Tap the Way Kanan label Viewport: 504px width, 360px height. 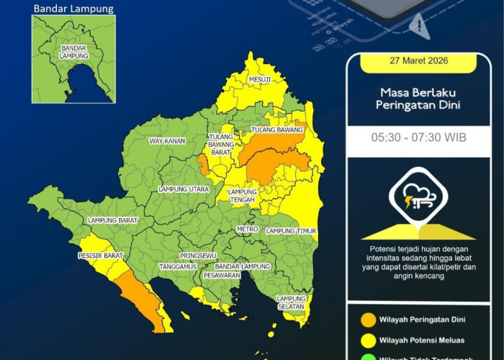tap(167, 141)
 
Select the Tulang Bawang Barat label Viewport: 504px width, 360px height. tap(220, 144)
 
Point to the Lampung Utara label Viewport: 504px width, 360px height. tap(184, 189)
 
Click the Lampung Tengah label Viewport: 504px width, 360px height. tap(243, 197)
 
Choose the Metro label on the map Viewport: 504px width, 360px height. tap(247, 229)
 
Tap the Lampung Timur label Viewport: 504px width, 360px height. tap(292, 231)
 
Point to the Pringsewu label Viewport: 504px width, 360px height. tap(198, 256)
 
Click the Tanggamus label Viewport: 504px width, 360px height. tap(179, 266)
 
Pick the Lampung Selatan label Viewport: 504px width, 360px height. tap(292, 302)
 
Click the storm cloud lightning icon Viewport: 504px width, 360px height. tap(418, 198)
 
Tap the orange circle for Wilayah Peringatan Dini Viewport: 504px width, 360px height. tap(368, 318)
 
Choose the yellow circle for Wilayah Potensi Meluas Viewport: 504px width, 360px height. tap(368, 341)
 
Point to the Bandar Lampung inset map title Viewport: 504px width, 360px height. tap(73, 9)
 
